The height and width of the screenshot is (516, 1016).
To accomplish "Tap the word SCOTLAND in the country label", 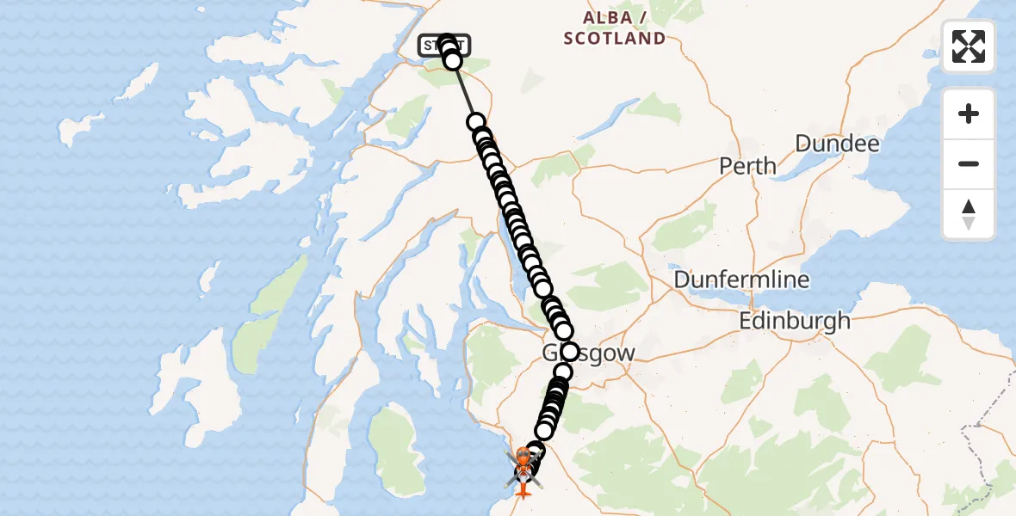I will (x=614, y=39).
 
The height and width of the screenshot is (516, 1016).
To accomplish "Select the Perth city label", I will (x=748, y=165).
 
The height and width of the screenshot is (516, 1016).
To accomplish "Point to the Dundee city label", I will (x=837, y=144).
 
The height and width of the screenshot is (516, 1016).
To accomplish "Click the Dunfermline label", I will (x=741, y=279).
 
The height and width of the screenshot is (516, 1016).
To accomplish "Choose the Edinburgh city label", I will (x=795, y=322).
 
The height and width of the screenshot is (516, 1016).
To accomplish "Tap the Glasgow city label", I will (x=603, y=353).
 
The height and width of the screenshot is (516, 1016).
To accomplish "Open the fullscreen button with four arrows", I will (x=969, y=46).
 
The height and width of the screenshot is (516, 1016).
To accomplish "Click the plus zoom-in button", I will (x=969, y=114).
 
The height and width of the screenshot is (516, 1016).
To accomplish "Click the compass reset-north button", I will (x=969, y=214).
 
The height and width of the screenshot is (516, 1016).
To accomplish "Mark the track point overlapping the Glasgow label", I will (x=569, y=352).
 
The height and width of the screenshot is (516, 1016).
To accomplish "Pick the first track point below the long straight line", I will (x=475, y=123).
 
